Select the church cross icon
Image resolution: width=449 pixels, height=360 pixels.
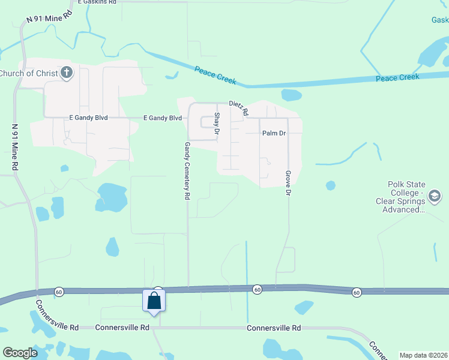67,73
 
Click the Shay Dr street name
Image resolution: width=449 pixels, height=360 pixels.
217,123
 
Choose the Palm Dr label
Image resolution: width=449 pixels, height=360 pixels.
274,133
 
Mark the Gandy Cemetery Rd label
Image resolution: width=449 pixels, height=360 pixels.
187,171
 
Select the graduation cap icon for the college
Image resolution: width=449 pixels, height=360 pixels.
435,196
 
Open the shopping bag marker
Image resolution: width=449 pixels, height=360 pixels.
154,301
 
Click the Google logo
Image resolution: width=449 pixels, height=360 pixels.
20,353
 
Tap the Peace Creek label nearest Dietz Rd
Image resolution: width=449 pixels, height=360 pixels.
215,75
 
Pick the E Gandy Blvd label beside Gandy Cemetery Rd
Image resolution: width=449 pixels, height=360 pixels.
162,118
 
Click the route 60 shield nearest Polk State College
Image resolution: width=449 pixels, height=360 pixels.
357,292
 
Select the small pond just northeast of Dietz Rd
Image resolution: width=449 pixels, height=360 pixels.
291,95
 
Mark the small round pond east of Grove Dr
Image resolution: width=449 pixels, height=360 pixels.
330,185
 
